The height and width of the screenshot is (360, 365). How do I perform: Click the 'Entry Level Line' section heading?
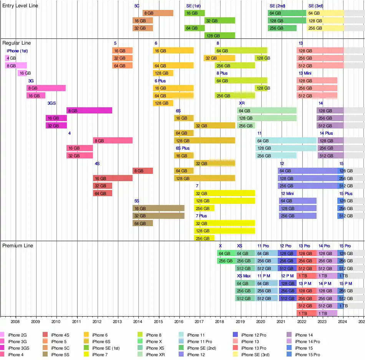pyautogui.click(x=20, y=6)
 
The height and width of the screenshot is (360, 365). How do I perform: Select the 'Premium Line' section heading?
pyautogui.click(x=18, y=246)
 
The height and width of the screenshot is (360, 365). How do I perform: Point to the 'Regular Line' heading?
pyautogui.click(x=17, y=43)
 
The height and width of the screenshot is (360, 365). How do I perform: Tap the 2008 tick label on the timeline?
pyautogui.click(x=15, y=322)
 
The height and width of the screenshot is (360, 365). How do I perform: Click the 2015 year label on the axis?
pyautogui.click(x=158, y=322)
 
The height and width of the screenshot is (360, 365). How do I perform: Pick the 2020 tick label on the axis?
pyautogui.click(x=260, y=322)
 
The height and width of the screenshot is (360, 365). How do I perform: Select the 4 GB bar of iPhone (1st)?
pyautogui.click(x=7, y=58)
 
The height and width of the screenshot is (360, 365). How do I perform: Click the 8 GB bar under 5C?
pyautogui.click(x=158, y=13)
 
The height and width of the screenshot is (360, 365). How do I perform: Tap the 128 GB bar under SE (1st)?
pyautogui.click(x=219, y=35)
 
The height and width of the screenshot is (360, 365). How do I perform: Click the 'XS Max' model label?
pyautogui.click(x=244, y=276)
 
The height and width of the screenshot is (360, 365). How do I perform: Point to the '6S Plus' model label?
pyautogui.click(x=182, y=148)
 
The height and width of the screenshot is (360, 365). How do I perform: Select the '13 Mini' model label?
pyautogui.click(x=306, y=73)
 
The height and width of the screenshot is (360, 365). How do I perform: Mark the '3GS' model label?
pyautogui.click(x=52, y=103)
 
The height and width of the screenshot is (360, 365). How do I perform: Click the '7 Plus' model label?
pyautogui.click(x=201, y=216)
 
